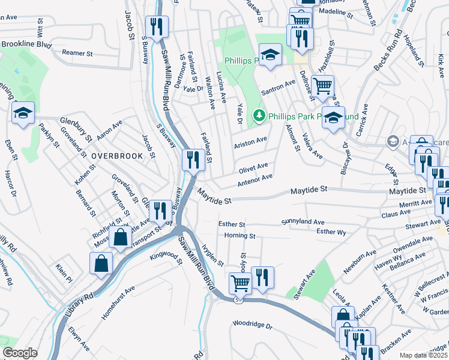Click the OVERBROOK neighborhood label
pyautogui.click(x=117, y=156)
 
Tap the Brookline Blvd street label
pyautogui.click(x=27, y=44)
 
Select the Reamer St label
pyautogui.click(x=77, y=53)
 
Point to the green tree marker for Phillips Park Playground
pyautogui.click(x=259, y=115)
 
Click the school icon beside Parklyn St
pyautogui.click(x=23, y=113)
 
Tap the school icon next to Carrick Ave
pyautogui.click(x=334, y=118)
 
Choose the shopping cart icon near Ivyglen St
pyautogui.click(x=240, y=282)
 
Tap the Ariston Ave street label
pyautogui.click(x=251, y=140)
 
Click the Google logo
pyautogui.click(x=20, y=353)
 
